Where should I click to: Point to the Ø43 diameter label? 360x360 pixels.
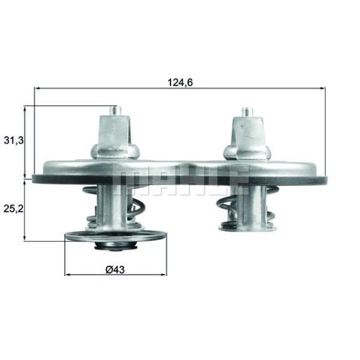pyautogui.click(x=115, y=269)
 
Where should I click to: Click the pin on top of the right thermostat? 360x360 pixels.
pyautogui.click(x=246, y=112)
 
